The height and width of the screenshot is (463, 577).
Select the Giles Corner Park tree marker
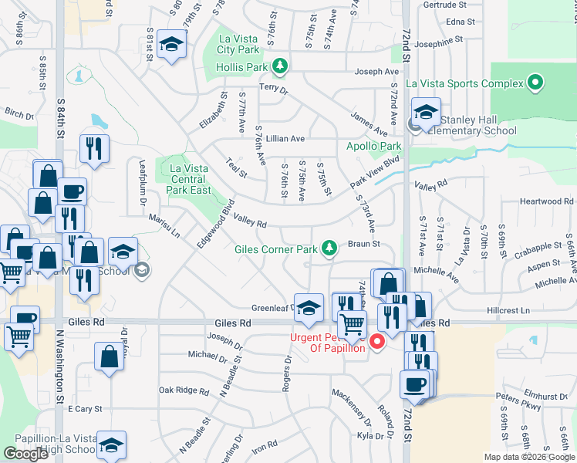click(x=330, y=248)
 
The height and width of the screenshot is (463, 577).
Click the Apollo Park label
click(x=374, y=146)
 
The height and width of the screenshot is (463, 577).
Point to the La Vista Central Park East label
click(x=190, y=179)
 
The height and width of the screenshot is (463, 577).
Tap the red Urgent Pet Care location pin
click(x=378, y=341)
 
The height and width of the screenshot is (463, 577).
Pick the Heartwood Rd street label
click(x=546, y=201)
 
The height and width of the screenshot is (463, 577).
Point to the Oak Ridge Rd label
click(x=179, y=390)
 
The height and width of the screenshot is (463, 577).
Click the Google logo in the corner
click(x=26, y=454)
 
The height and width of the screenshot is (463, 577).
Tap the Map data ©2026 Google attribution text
click(x=530, y=457)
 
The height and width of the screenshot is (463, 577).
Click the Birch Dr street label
click(x=19, y=113)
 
